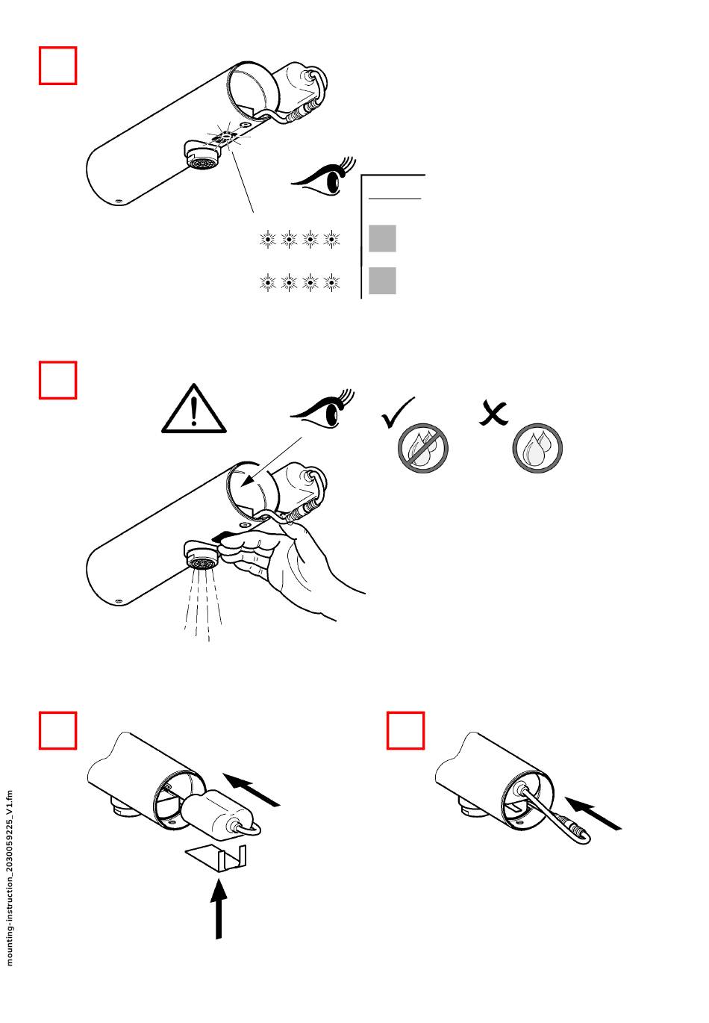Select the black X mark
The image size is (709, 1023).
pyautogui.click(x=493, y=414)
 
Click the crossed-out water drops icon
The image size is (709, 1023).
pyautogui.click(x=422, y=448)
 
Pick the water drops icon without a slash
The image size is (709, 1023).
pyautogui.click(x=537, y=448)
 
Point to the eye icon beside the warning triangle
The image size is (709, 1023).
pyautogui.click(x=322, y=410)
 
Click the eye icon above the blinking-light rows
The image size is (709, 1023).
pyautogui.click(x=324, y=178)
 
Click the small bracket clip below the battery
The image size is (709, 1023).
pyautogui.click(x=216, y=857)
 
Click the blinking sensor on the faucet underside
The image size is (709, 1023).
pyautogui.click(x=225, y=137)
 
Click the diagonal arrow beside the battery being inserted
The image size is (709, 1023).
pyautogui.click(x=252, y=790)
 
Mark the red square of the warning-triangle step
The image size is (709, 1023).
pyautogui.click(x=58, y=380)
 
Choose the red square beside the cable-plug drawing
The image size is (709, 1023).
pyautogui.click(x=405, y=730)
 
